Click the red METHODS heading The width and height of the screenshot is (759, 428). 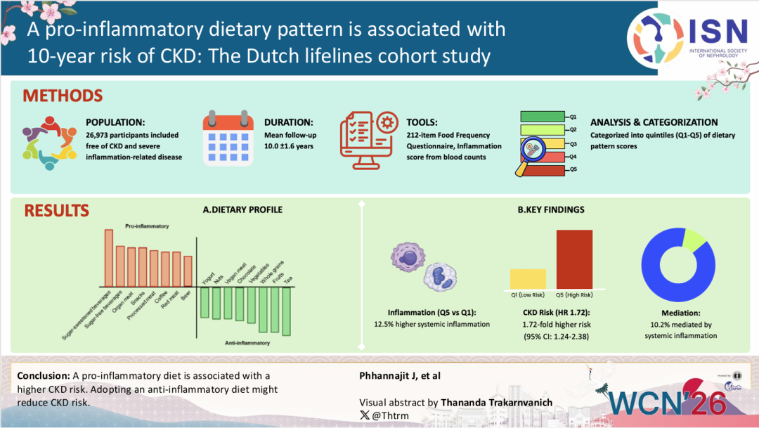click(x=63, y=96)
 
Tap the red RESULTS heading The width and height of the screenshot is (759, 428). click(x=57, y=211)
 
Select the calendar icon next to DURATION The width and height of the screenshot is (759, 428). click(x=228, y=138)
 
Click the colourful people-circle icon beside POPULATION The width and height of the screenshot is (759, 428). click(x=49, y=143)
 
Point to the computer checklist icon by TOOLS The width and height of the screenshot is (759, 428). click(x=369, y=141)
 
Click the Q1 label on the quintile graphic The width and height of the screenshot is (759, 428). click(x=573, y=117)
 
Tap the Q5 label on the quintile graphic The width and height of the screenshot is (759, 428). click(x=573, y=169)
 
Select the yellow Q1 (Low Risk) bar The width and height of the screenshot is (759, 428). click(x=528, y=280)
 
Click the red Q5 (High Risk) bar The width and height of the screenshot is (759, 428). click(x=574, y=259)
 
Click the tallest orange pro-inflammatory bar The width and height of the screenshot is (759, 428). click(x=109, y=258)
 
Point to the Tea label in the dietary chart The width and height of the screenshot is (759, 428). click(x=288, y=280)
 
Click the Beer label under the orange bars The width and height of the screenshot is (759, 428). click(x=186, y=295)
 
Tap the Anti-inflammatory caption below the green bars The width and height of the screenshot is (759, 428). click(x=247, y=343)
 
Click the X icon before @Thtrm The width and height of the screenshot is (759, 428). click(x=365, y=415)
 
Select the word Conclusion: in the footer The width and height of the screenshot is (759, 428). click(x=44, y=376)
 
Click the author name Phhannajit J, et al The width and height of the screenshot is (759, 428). click(x=400, y=376)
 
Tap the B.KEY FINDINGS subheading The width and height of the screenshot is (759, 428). click(x=551, y=209)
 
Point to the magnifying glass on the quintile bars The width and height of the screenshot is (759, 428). click(x=531, y=155)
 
